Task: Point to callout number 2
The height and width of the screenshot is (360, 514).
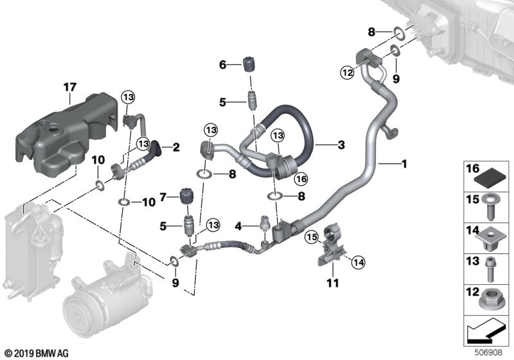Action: (175, 148)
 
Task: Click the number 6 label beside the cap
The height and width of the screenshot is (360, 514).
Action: (223, 64)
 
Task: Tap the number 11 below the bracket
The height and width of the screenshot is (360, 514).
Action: (333, 283)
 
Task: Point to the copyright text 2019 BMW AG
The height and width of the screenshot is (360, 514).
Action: (37, 352)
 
